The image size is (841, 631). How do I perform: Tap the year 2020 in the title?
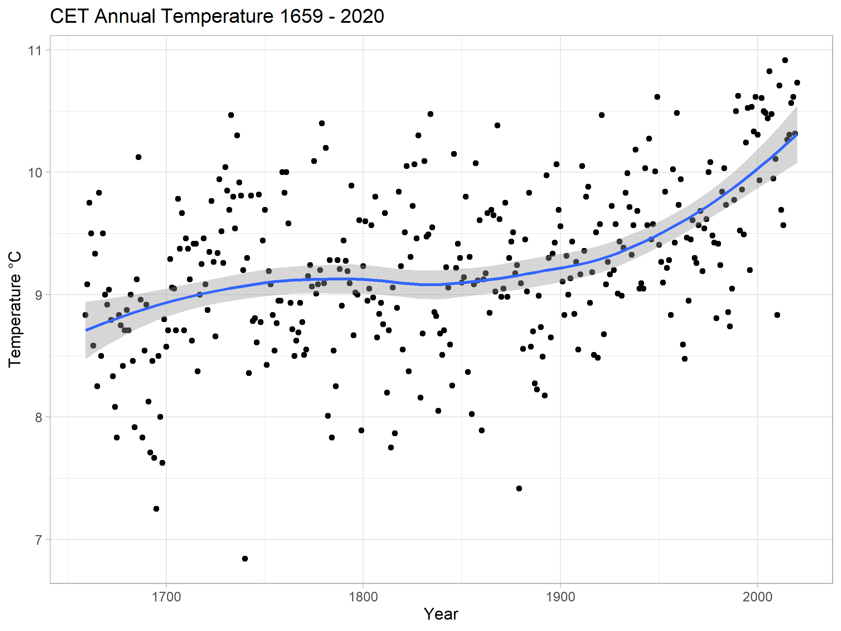pyautogui.click(x=362, y=16)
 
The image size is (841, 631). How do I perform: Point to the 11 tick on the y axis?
pyautogui.click(x=35, y=50)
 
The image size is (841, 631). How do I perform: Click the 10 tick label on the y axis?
pyautogui.click(x=35, y=173)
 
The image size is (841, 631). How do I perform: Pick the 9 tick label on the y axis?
pyautogui.click(x=38, y=295)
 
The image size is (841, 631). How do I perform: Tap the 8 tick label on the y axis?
pyautogui.click(x=38, y=418)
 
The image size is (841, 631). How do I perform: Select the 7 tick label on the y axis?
pyautogui.click(x=38, y=540)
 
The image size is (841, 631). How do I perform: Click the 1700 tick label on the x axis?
pyautogui.click(x=166, y=597)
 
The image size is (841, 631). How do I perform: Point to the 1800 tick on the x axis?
pyautogui.click(x=363, y=597)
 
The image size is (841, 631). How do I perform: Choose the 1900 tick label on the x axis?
pyautogui.click(x=560, y=597)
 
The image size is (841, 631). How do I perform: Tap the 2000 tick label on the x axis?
pyautogui.click(x=757, y=597)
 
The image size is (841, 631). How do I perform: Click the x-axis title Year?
pyautogui.click(x=441, y=614)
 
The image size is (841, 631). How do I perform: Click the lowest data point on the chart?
pyautogui.click(x=245, y=559)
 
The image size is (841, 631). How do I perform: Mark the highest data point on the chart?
pyautogui.click(x=785, y=60)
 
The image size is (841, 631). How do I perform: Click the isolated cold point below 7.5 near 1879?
pyautogui.click(x=519, y=488)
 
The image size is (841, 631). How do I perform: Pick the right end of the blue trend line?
pyautogui.click(x=797, y=134)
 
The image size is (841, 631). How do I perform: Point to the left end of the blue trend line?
pyautogui.click(x=86, y=330)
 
